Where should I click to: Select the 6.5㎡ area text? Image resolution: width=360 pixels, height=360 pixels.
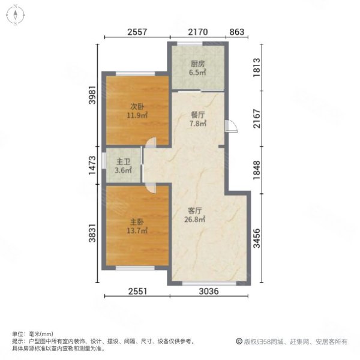click(197, 72)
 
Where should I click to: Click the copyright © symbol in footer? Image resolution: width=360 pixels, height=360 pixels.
click(239, 341)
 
